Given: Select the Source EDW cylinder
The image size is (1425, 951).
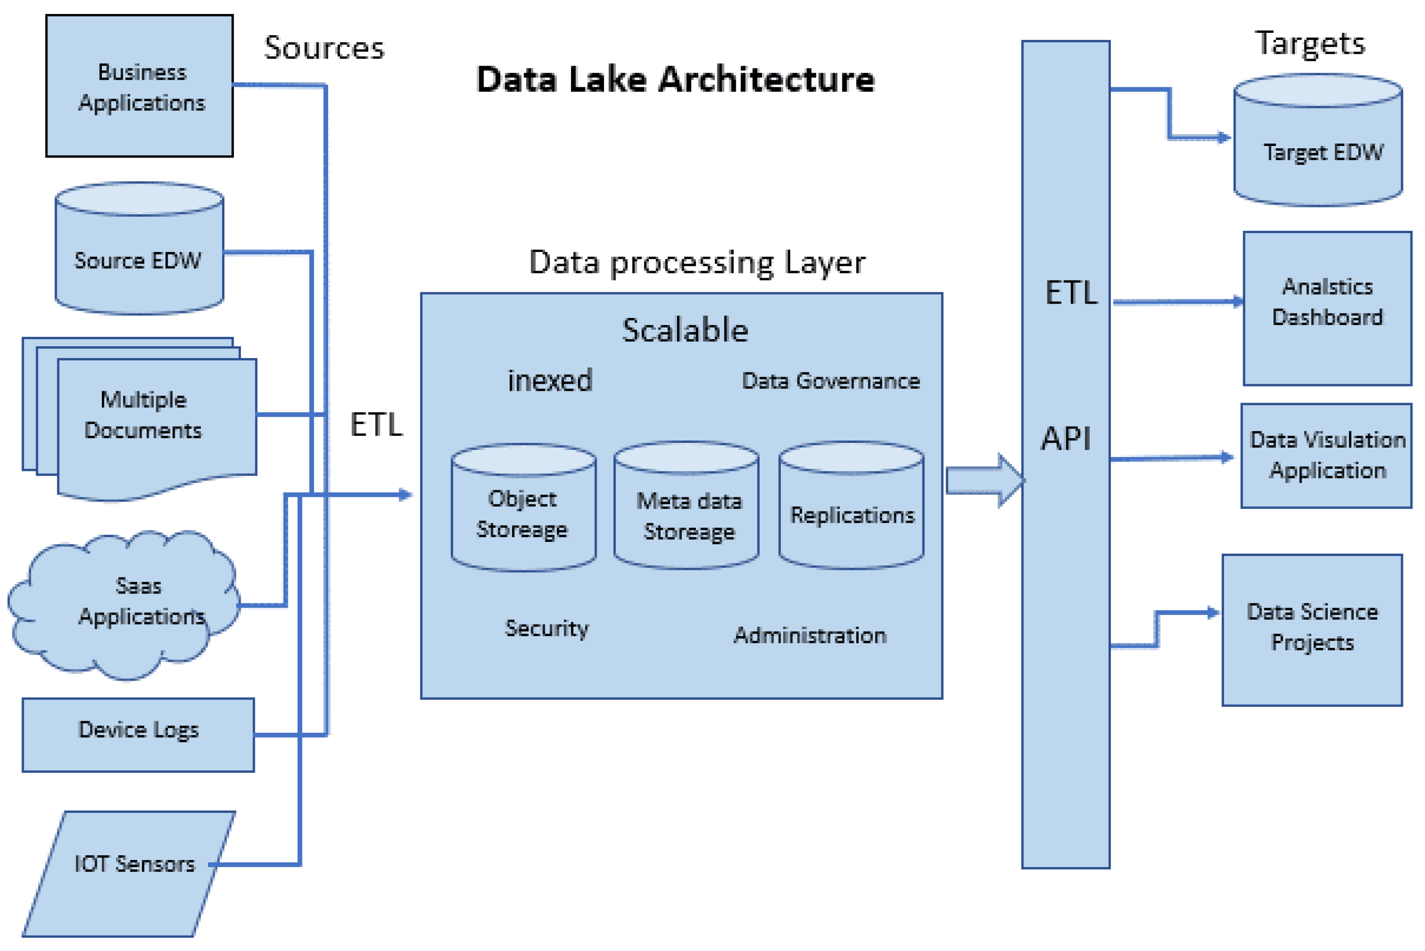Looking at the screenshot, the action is coord(139,248).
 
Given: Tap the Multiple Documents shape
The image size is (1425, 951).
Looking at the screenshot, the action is coord(139,419).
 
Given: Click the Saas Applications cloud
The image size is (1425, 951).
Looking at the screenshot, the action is coord(124,605).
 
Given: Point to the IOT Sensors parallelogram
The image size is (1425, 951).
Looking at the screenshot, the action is coord(129,874).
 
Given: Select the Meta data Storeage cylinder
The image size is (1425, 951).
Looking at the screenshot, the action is coord(686,505).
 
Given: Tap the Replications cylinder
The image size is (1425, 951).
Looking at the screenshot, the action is coord(852,505).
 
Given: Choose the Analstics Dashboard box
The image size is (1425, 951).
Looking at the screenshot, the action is coord(1327,308).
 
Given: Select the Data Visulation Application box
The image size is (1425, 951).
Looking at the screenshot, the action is coord(1326,456).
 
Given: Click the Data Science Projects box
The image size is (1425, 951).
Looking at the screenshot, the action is coord(1312,630).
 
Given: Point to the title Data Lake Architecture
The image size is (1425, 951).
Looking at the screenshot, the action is coord(676,79).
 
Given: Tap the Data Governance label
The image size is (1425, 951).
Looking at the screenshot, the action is coord(831,381).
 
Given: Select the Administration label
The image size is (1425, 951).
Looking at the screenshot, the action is coord(810,635).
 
